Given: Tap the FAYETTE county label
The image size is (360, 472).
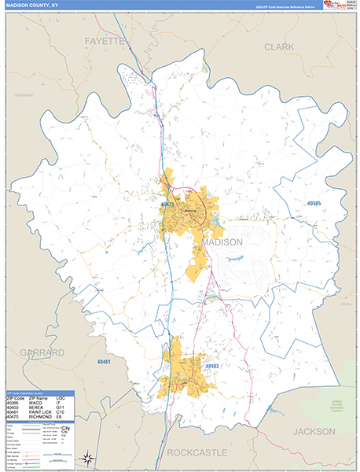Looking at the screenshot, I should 105,39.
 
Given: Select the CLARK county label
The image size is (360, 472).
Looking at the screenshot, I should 279,47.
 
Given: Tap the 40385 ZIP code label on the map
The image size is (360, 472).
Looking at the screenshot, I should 313,204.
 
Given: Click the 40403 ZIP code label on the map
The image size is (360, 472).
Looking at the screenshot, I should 212,366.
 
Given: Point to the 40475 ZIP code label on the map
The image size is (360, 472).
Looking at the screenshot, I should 167,205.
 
